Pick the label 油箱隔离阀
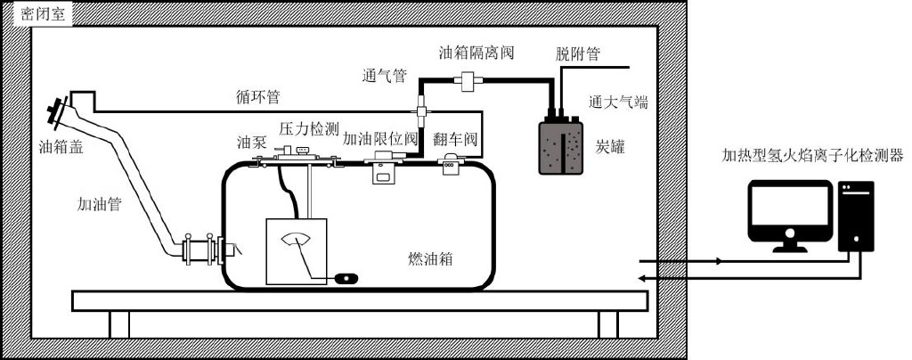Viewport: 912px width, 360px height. [x=476, y=53]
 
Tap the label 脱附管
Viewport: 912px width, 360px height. [x=577, y=54]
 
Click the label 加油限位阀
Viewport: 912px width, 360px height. [x=380, y=140]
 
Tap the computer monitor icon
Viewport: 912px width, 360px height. [x=787, y=214]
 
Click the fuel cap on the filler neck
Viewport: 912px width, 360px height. [x=59, y=113]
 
